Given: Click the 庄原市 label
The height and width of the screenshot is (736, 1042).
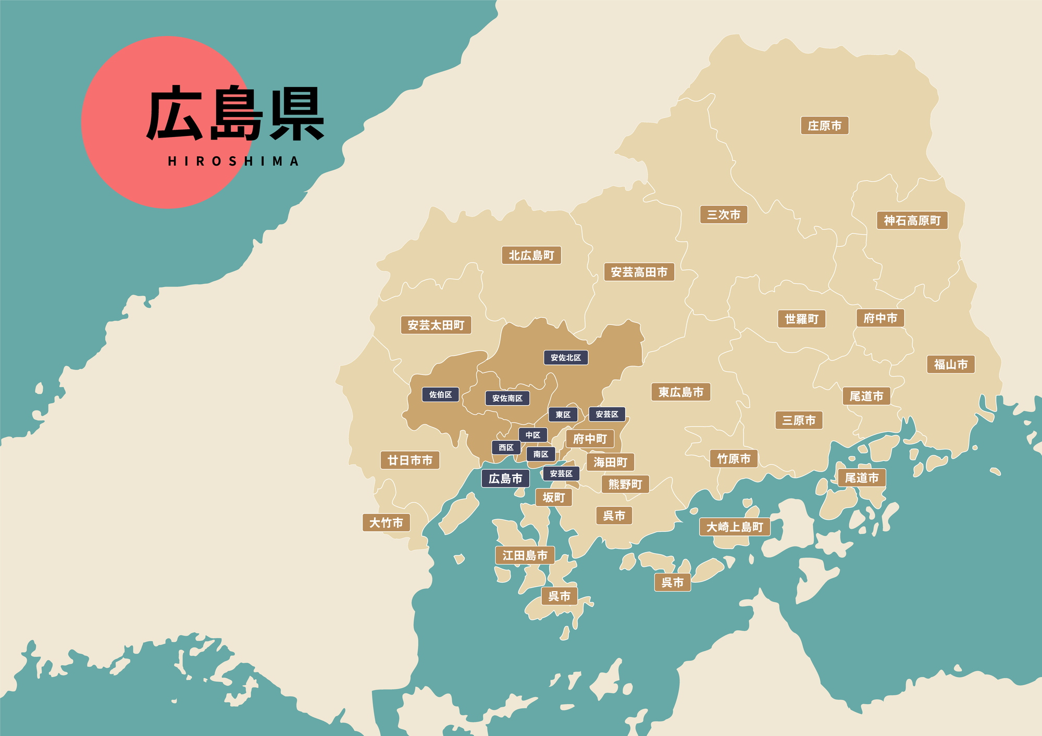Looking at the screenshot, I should [824, 126].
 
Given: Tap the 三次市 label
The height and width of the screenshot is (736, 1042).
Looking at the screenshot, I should [723, 215].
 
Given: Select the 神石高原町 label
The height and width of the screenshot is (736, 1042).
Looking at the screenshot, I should [912, 220].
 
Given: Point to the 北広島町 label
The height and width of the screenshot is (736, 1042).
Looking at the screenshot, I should [531, 255].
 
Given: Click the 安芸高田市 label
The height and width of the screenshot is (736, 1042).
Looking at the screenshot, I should [639, 272].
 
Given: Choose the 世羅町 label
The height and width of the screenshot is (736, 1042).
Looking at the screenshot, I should [801, 319].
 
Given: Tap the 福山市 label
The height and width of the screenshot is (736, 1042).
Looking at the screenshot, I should [950, 364].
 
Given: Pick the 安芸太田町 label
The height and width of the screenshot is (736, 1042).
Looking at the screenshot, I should [436, 325].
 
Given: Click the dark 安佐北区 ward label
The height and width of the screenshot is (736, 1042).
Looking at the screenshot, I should [565, 357].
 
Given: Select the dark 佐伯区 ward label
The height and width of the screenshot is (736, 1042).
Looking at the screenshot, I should [440, 394].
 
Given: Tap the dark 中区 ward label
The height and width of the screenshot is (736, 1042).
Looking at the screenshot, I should [532, 435].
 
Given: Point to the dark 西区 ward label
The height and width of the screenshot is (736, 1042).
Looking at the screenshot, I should [506, 447].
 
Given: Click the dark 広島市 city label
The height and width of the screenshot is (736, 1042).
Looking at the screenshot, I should [505, 478].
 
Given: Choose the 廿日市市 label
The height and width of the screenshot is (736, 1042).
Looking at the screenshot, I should [410, 460].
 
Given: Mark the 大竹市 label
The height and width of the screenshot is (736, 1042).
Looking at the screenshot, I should [386, 522].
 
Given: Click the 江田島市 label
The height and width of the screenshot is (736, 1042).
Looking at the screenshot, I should [525, 555].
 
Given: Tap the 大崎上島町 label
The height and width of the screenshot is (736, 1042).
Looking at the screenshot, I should [734, 527].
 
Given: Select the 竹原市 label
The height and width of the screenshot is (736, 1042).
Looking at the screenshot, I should [734, 458].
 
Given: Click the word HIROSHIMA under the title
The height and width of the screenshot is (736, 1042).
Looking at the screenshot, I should [233, 161].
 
